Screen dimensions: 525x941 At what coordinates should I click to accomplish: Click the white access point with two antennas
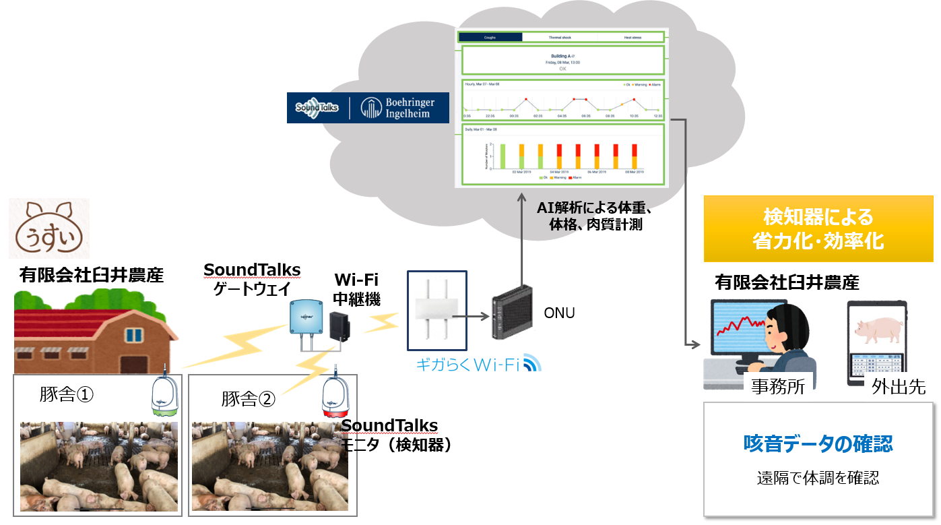(x=436, y=309)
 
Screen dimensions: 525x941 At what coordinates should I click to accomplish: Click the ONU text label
(x=559, y=313)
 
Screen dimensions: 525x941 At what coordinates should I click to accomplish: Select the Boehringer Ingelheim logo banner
(x=368, y=108)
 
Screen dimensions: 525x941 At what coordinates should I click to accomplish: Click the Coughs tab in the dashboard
(x=490, y=38)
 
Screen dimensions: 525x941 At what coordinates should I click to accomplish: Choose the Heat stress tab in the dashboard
(x=632, y=38)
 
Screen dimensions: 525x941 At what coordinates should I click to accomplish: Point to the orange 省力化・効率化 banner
(x=818, y=229)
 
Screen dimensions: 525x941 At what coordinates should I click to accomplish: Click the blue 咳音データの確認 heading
(x=818, y=443)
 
